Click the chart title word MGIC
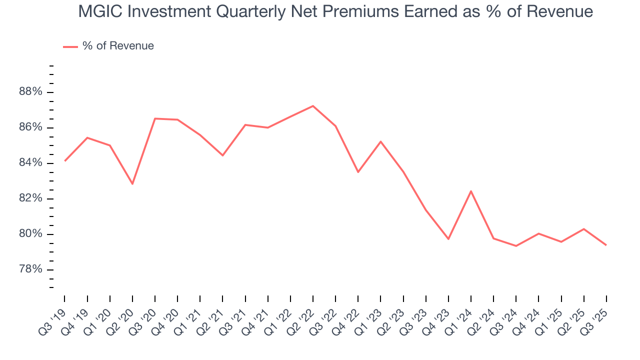point(100,11)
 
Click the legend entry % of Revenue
point(118,46)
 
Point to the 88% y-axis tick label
point(30,92)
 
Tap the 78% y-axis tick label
point(30,270)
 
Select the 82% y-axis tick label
point(30,199)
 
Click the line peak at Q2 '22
point(313,106)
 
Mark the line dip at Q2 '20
point(132,184)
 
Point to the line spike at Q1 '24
point(471,191)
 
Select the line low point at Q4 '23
point(448,239)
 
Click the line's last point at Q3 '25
point(606,245)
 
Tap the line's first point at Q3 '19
point(65,160)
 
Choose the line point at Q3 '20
point(155,118)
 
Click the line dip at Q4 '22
point(358,172)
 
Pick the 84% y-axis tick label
point(30,163)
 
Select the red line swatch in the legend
point(70,46)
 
